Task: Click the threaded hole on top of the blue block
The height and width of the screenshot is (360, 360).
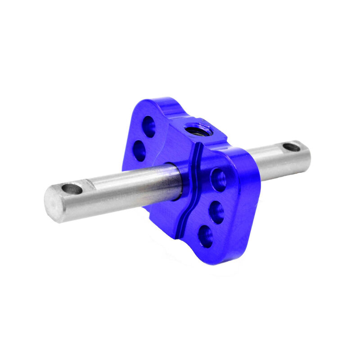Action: point(196,129)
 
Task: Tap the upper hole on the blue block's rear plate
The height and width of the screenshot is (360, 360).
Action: point(148,126)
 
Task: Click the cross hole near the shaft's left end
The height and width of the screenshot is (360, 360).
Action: point(72,189)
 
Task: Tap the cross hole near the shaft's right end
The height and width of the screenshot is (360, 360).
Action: point(291,147)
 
